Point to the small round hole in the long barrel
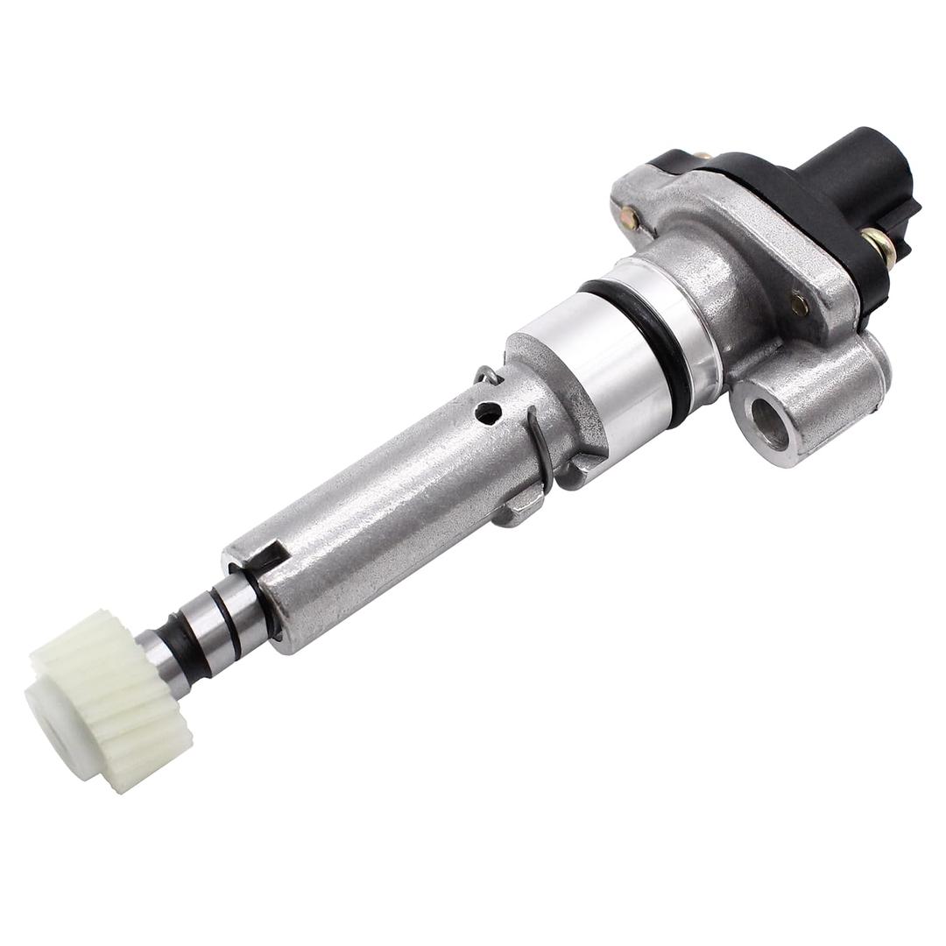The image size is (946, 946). click(x=488, y=412)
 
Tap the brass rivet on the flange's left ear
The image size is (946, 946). click(x=629, y=217)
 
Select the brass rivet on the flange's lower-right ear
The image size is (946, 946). click(x=799, y=304)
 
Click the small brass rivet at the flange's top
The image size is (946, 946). click(x=702, y=158)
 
